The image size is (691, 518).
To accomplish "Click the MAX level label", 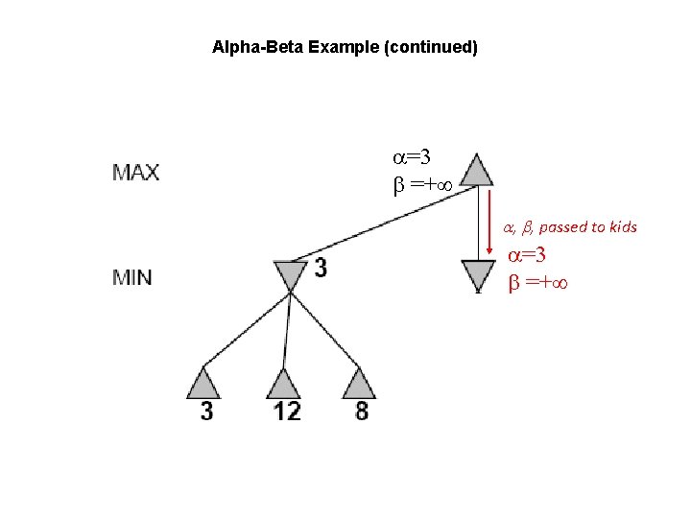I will click(x=136, y=174).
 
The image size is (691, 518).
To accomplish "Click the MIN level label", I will click(x=132, y=278).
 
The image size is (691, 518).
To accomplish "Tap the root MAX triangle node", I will click(x=476, y=170).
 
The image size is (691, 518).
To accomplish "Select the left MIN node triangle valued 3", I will click(x=289, y=276).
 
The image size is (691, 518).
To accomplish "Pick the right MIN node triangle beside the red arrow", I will click(x=477, y=275).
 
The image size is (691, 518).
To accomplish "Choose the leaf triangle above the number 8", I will click(x=358, y=384).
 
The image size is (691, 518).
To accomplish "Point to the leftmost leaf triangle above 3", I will click(x=205, y=384).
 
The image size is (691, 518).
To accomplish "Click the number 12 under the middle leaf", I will click(x=285, y=412).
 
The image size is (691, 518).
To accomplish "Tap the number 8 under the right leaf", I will click(x=360, y=412).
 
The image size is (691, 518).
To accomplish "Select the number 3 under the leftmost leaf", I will click(x=207, y=412).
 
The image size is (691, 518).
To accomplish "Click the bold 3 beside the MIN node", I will click(x=320, y=269).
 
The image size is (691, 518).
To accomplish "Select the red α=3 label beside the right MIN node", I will click(x=527, y=255).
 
